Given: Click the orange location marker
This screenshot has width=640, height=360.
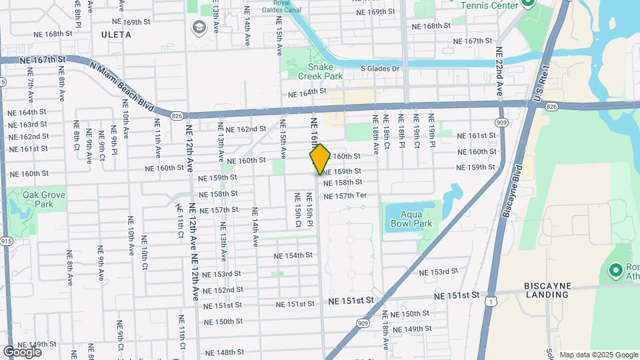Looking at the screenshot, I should coord(320,159).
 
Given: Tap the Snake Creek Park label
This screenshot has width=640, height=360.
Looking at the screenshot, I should coord(315,71).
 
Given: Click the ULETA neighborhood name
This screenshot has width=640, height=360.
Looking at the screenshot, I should coord(117,33).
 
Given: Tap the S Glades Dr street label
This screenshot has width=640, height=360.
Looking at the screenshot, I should coord(380,68).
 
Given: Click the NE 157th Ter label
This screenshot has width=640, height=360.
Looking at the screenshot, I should coord(345,196).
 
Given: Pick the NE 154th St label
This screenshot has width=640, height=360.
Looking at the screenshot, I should coord(293,255).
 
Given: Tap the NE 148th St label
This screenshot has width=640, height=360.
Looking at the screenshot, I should coord(225,352).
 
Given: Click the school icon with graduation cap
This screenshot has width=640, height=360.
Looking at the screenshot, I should coord(198,27).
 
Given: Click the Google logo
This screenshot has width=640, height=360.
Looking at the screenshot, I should coord(22,351).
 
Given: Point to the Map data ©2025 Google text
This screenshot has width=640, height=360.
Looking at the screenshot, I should coord(598,355).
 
